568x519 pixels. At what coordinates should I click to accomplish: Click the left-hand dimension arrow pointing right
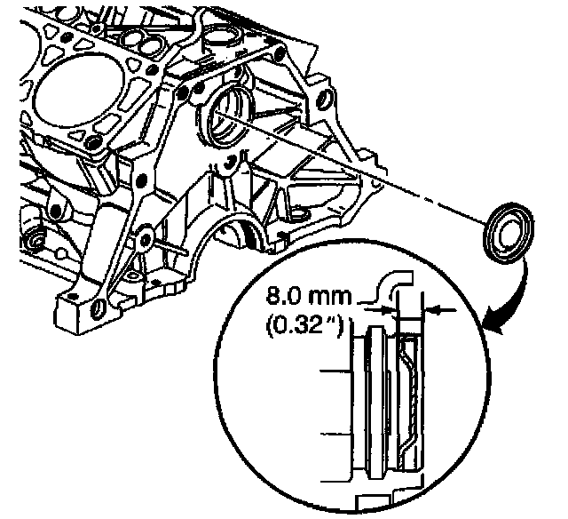(385, 308)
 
